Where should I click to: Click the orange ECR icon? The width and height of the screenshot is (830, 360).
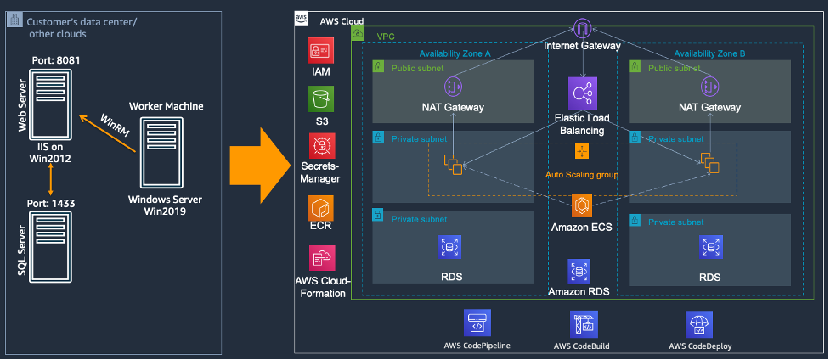pyautogui.click(x=321, y=208)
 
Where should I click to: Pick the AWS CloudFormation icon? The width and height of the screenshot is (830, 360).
pyautogui.click(x=321, y=258)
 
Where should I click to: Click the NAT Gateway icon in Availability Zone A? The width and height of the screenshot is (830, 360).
pyautogui.click(x=453, y=87)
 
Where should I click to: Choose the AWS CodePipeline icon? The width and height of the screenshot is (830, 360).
pyautogui.click(x=477, y=323)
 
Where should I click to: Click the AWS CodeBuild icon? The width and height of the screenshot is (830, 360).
pyautogui.click(x=584, y=323)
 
